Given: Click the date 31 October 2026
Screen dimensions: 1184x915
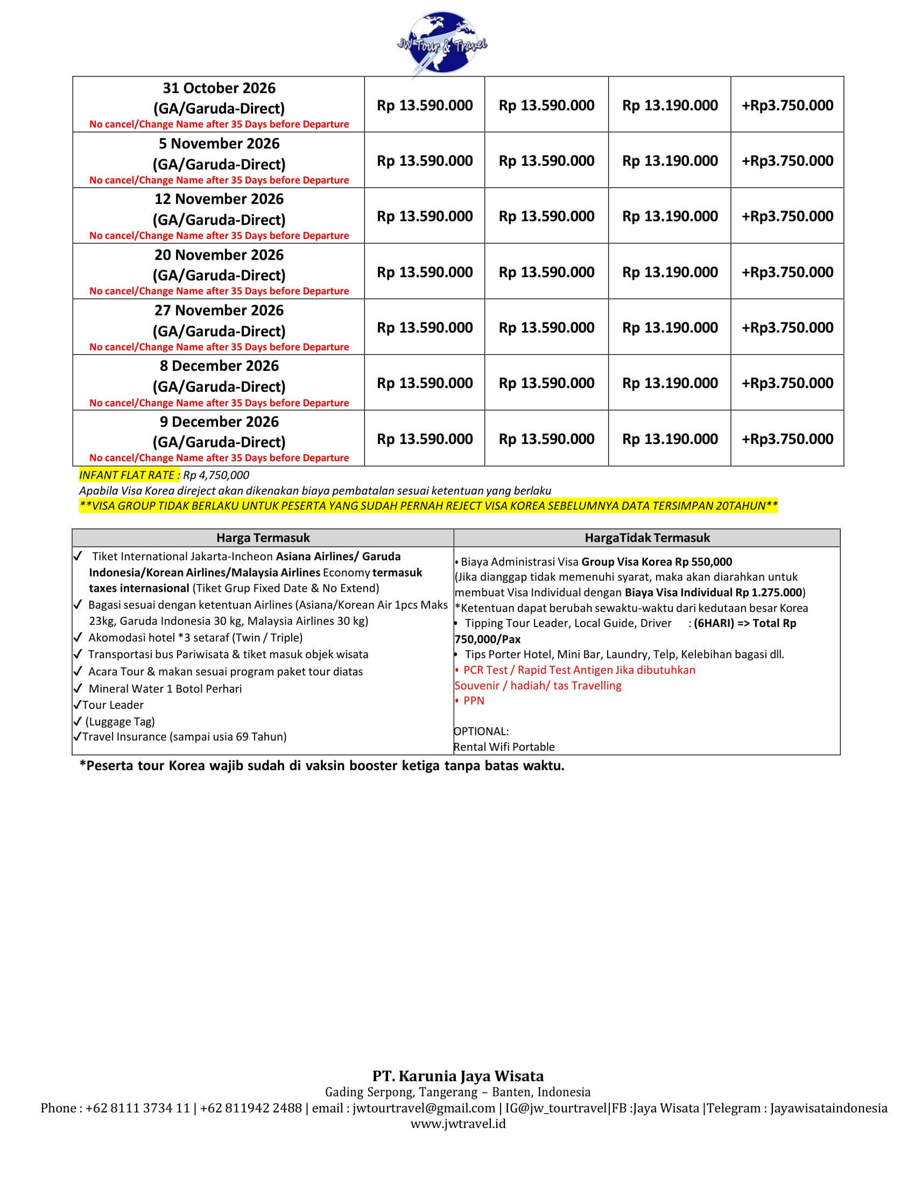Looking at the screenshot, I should [219, 88].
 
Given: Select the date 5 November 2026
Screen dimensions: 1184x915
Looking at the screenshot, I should [219, 144].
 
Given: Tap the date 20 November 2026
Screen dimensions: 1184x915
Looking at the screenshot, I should [219, 255].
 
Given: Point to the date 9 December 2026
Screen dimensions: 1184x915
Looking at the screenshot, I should [219, 422].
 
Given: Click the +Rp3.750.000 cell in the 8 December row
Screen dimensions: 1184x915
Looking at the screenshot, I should [787, 383].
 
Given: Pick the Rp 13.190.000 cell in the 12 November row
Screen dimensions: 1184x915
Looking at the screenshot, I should [670, 216].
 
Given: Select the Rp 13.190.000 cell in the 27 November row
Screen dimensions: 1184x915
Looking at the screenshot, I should [670, 327].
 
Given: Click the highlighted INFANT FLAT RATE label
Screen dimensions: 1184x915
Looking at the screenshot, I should [129, 475].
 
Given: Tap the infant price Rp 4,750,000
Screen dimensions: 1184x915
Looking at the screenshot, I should [216, 475].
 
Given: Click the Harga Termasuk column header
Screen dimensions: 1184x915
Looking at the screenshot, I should [263, 538].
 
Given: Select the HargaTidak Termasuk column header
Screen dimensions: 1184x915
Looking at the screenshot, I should [646, 538].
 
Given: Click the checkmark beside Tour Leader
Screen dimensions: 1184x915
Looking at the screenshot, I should [78, 705].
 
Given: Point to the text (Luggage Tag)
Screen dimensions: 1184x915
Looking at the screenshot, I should [121, 722].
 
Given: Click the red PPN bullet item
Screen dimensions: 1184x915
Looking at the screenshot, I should [473, 700].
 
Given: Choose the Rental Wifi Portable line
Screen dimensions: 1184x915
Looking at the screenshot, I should [504, 747].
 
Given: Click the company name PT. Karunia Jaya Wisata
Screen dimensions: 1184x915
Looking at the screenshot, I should [457, 1076].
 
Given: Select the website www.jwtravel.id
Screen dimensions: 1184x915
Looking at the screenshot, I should [457, 1124].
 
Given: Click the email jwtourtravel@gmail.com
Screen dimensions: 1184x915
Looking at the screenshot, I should [424, 1108].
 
